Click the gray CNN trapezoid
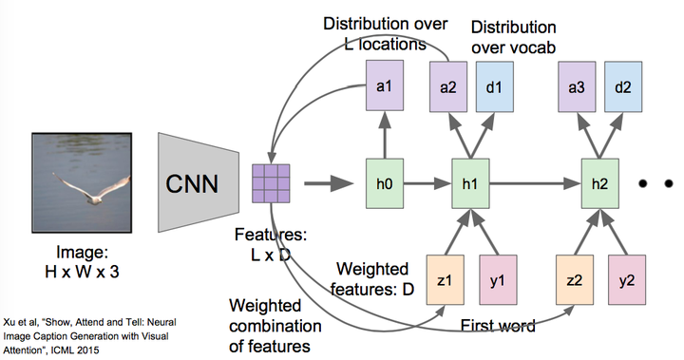coord(198,180)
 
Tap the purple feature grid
coord(272,180)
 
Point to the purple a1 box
coord(386,85)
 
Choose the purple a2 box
coord(446,85)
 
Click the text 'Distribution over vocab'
coord(512,36)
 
